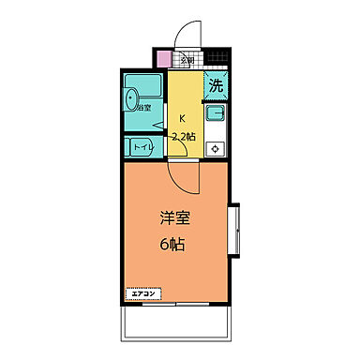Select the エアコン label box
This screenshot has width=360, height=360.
click(x=142, y=293)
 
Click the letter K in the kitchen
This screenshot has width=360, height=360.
click(x=182, y=119)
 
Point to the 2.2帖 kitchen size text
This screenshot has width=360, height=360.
click(x=184, y=137)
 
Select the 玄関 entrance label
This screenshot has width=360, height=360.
click(x=187, y=62)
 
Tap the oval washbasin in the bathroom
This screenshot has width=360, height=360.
click(x=131, y=97)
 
